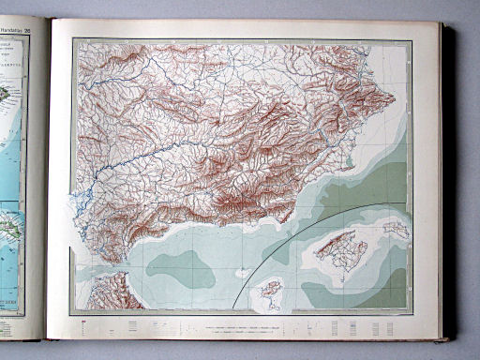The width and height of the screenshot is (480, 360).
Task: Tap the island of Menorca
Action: (x=397, y=228)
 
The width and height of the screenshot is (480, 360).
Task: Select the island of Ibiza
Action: (x=270, y=290)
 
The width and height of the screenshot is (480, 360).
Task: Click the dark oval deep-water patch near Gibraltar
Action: (x=178, y=268)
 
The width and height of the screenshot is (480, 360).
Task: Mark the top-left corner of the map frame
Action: (x=74, y=38)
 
